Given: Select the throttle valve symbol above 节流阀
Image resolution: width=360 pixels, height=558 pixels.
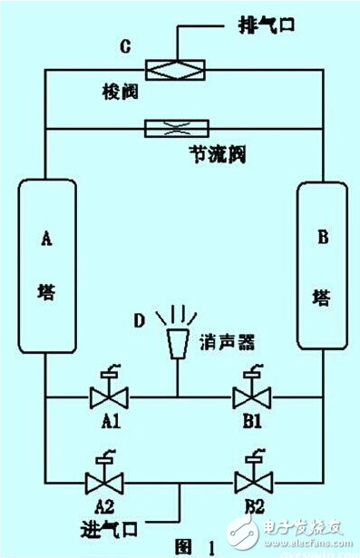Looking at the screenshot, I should pos(180,129).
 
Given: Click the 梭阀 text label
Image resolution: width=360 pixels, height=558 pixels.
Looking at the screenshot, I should pos(120,92).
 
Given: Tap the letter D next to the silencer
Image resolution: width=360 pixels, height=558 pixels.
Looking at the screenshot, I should pos(139,319).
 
